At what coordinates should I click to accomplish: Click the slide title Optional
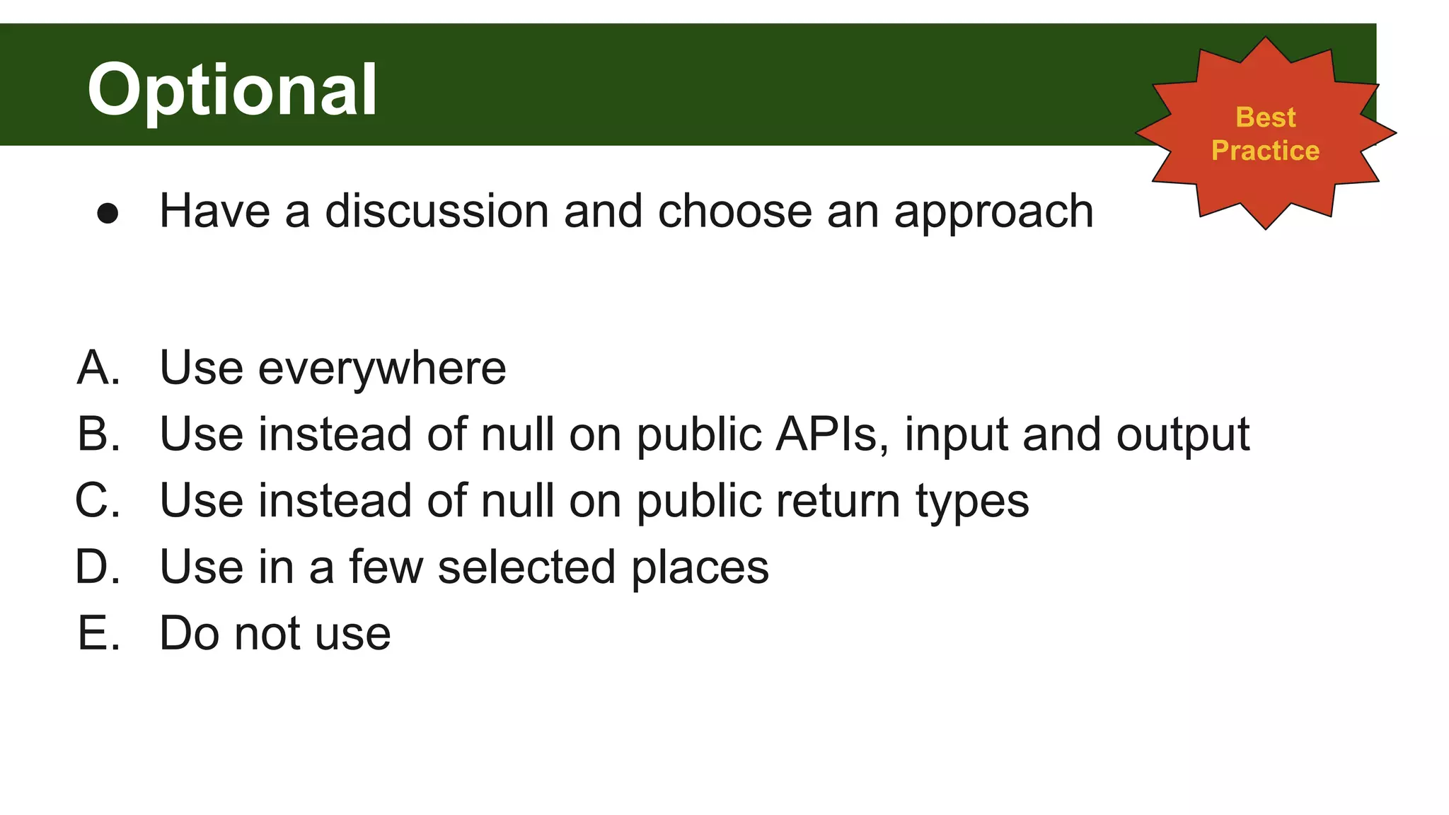click(x=232, y=90)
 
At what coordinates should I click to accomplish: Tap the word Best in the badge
click(x=1265, y=117)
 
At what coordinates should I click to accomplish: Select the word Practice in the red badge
click(x=1265, y=151)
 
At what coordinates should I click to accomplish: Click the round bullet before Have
click(x=108, y=213)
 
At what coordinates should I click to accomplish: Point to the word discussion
click(x=437, y=212)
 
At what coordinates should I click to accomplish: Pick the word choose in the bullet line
click(x=734, y=212)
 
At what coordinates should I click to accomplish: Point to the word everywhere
click(x=382, y=369)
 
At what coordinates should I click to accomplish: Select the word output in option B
click(x=1182, y=435)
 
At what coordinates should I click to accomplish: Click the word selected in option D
click(x=526, y=567)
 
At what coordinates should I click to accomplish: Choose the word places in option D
click(x=699, y=568)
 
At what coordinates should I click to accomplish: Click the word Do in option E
click(x=189, y=633)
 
